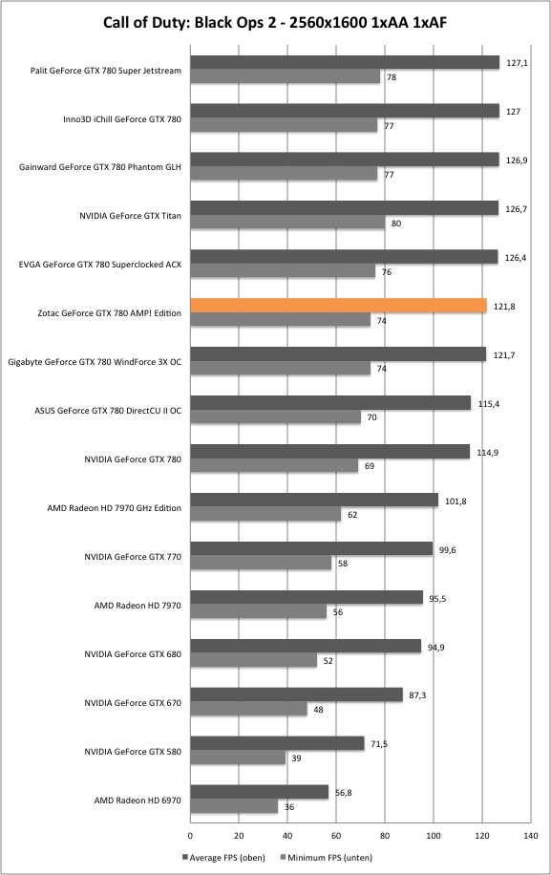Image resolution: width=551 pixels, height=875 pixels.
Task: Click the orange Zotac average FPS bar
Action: [338, 306]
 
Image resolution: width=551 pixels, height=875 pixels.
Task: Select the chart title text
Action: [275, 22]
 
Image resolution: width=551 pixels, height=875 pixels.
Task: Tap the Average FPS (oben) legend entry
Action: [223, 857]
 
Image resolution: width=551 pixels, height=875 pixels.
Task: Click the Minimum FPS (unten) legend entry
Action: [326, 857]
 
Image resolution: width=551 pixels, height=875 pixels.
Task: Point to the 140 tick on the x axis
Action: [531, 836]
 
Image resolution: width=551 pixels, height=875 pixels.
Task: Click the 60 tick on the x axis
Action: [336, 836]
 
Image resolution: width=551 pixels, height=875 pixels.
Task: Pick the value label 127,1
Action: [517, 63]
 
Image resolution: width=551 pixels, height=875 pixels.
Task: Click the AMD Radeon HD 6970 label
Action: [138, 800]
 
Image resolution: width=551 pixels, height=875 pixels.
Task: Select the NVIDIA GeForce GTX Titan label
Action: [131, 215]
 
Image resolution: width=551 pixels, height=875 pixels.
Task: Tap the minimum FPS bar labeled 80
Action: [287, 223]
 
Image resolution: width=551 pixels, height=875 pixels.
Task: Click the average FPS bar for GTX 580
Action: [277, 743]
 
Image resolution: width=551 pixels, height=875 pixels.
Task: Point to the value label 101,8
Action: [456, 502]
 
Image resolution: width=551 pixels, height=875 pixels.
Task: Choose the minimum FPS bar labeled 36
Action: [234, 806]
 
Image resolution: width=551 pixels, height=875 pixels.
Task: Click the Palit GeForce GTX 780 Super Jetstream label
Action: [106, 71]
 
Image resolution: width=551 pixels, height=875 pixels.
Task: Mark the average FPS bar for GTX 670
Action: [297, 694]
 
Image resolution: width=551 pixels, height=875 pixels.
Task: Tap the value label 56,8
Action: [344, 793]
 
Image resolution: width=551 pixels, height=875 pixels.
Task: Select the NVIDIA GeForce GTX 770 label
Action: [133, 556]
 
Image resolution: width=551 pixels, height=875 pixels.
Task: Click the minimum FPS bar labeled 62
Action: [265, 515]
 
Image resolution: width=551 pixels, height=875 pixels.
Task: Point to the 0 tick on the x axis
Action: [191, 836]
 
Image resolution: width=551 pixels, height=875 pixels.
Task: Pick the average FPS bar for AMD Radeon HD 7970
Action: [307, 598]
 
